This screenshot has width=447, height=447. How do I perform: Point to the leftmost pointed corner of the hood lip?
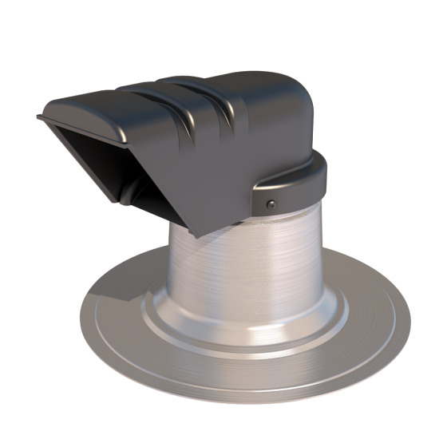(39, 117)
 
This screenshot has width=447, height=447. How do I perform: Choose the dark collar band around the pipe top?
(303, 188)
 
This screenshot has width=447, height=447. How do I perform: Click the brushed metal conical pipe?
(263, 255)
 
